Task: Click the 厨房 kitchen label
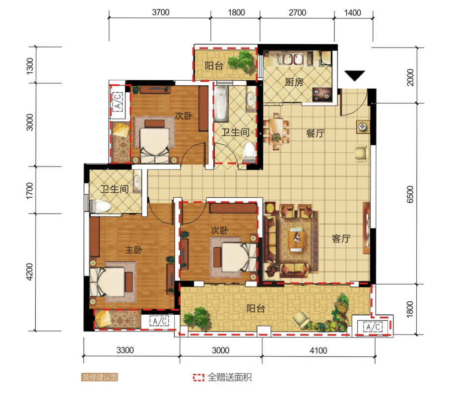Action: click(x=294, y=82)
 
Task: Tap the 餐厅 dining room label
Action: click(x=316, y=133)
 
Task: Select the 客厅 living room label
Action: click(x=341, y=238)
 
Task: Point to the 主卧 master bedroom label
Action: click(x=134, y=250)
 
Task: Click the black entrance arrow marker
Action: click(x=355, y=75)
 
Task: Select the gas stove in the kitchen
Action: click(x=322, y=94)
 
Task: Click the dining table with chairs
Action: click(x=276, y=131)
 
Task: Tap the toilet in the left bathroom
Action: click(x=100, y=206)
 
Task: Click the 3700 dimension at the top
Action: click(x=161, y=12)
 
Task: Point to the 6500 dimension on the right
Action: click(x=410, y=194)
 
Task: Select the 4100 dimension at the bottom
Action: click(x=318, y=350)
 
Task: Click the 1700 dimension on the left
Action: click(x=30, y=190)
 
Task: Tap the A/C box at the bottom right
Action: click(x=373, y=327)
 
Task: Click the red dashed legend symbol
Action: click(x=198, y=377)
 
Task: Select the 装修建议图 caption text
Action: click(x=100, y=377)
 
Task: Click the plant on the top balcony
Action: click(x=241, y=61)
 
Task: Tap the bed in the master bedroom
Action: click(x=111, y=282)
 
